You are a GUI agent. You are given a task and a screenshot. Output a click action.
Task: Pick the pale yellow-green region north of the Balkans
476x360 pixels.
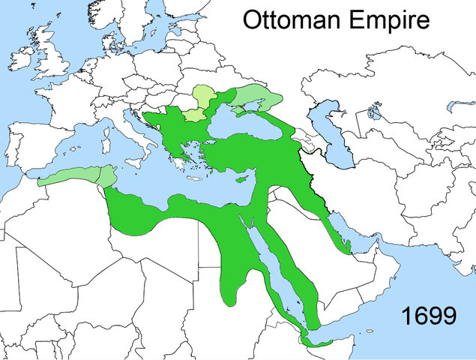click(x=198, y=100)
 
